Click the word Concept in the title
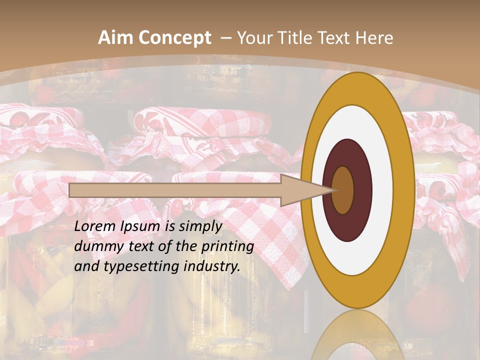pyautogui.click(x=175, y=38)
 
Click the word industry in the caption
pyautogui.click(x=212, y=266)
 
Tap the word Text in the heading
pyautogui.click(x=331, y=38)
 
